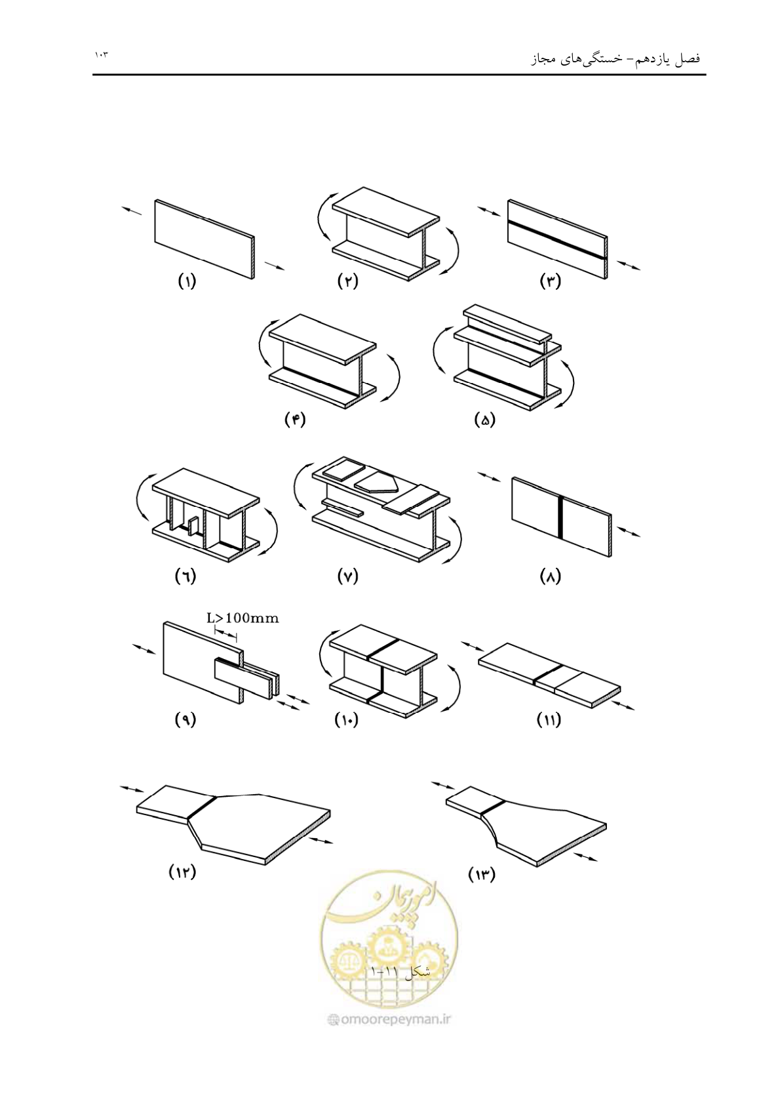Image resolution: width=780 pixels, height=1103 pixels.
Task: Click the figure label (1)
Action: pos(187,282)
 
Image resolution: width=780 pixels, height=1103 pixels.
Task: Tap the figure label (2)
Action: pos(347,282)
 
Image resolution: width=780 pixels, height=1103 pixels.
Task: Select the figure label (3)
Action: pos(551,282)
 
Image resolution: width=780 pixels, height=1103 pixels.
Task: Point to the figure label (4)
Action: pos(295,420)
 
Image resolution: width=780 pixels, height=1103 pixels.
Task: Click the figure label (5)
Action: pos(485,420)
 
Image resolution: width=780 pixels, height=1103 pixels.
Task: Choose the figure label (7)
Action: pos(347,576)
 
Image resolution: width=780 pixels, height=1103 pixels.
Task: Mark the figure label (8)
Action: pos(550,576)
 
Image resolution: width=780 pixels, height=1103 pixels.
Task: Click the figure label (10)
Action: pos(347,721)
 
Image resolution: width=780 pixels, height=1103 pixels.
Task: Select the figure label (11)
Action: pos(549,721)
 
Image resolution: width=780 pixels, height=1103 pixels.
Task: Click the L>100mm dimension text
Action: pos(243,618)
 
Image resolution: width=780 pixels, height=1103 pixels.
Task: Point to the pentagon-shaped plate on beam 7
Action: pos(376,483)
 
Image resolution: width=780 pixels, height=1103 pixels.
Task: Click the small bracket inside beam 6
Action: pos(193,525)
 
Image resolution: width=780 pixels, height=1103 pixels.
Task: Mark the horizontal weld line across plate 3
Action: pos(557,240)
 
